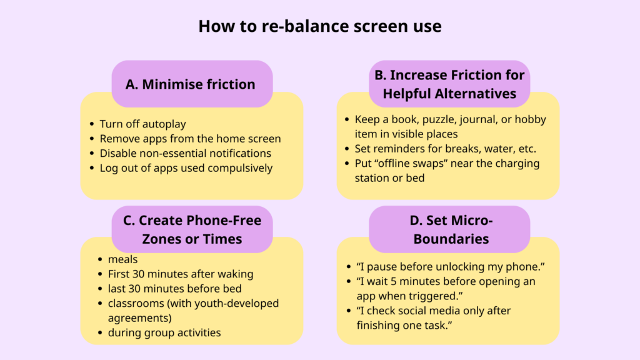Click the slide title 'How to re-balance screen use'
pos(320,26)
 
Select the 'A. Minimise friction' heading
pos(190,84)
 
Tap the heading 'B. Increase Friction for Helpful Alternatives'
pos(449,84)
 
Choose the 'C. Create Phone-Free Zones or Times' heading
pos(192,229)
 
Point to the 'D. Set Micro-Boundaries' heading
pos(451,229)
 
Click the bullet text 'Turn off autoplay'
pos(143,124)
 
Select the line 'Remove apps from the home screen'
pos(190,138)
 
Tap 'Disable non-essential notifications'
pos(185,153)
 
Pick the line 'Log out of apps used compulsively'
pos(186,167)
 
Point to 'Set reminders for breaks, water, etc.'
pos(445,149)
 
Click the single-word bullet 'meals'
pos(122,259)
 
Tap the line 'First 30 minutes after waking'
pos(181,274)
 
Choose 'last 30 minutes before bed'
pos(175,289)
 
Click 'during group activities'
pos(164,332)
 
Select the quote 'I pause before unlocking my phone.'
pos(451,266)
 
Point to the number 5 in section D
pos(402,281)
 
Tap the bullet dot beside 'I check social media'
pos(349,311)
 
